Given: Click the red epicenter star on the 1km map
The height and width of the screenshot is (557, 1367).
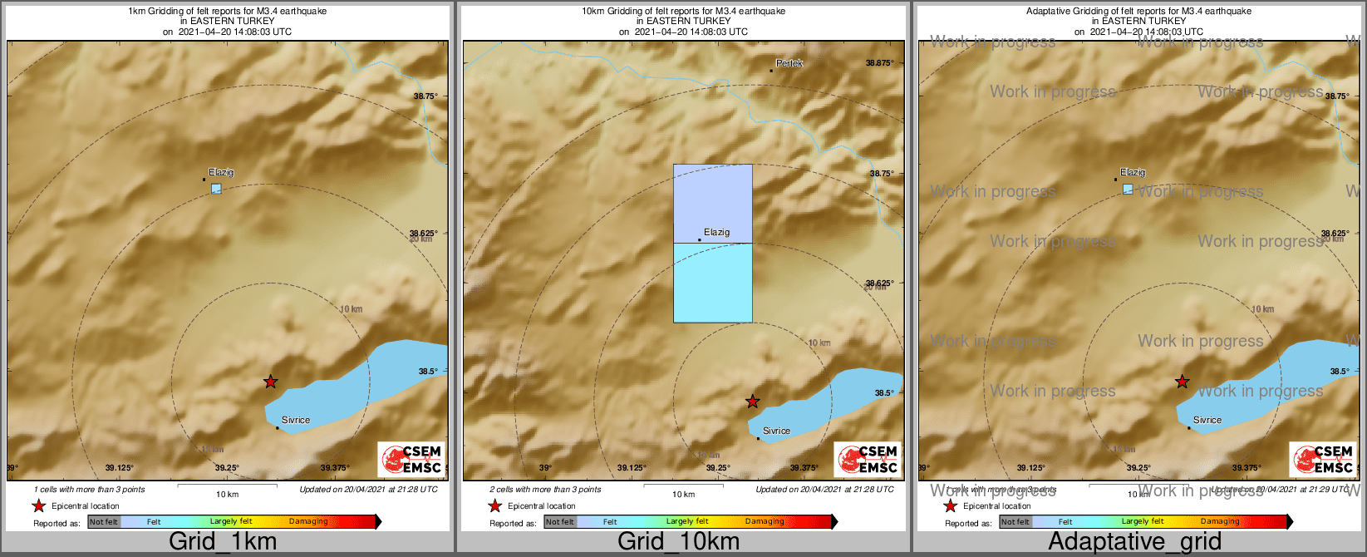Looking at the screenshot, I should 270,382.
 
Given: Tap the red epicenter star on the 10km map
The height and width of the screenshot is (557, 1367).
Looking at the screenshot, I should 752,402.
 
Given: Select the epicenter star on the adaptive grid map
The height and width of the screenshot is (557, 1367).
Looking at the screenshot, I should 1182,382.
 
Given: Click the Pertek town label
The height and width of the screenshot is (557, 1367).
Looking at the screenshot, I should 789,63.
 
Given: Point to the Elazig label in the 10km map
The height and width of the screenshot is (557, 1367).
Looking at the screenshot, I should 716,232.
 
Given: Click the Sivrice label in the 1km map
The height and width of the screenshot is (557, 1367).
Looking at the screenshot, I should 295,420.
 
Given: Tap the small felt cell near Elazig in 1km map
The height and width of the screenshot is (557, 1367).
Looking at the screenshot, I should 216,189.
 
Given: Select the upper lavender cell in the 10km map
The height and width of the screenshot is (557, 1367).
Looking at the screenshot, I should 712,203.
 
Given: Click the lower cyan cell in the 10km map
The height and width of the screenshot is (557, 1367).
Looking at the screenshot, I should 712,283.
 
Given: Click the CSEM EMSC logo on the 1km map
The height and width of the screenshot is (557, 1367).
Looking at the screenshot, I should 411,459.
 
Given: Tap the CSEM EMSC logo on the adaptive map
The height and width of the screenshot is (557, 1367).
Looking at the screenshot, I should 1323,459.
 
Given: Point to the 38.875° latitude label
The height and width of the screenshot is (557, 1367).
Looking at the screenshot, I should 879,63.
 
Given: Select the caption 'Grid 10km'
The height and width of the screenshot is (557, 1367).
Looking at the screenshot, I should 678,542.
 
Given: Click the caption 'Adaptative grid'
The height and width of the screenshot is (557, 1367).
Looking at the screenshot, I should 1134,542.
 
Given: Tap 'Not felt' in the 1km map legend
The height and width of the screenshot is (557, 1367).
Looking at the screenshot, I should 104,522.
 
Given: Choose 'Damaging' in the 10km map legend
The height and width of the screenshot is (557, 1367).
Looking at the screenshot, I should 764,522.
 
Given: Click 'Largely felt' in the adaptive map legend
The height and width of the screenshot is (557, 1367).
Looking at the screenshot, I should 1143,522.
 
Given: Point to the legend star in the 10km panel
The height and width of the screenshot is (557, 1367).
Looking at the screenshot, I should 494,506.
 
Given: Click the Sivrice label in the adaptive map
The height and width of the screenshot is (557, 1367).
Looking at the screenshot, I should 1207,420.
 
